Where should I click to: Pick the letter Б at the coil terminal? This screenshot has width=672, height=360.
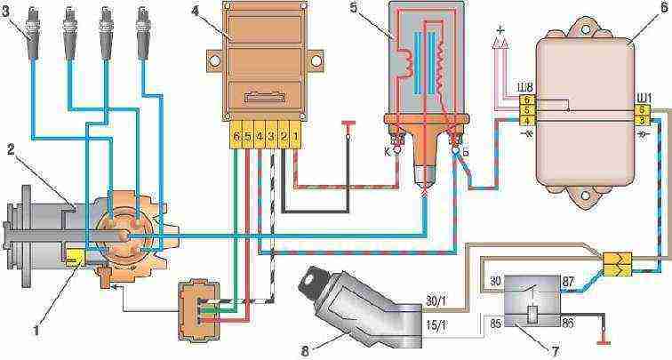pos(468,151)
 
